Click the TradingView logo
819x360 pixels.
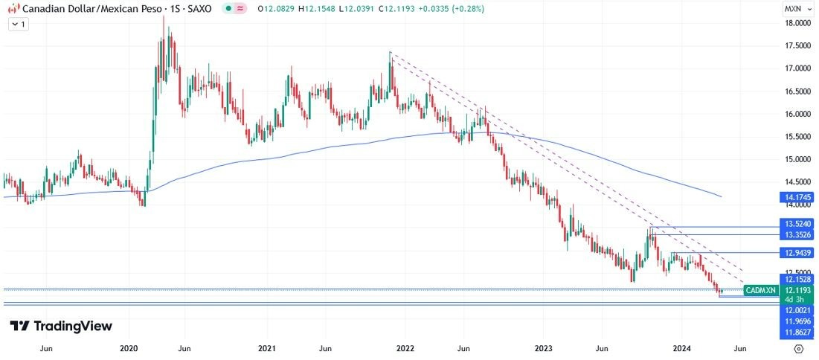pyautogui.click(x=61, y=326)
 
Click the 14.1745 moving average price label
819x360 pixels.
pyautogui.click(x=797, y=198)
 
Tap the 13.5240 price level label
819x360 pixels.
pyautogui.click(x=797, y=223)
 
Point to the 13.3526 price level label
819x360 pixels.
pyautogui.click(x=797, y=235)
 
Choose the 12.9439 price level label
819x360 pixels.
pyautogui.click(x=797, y=253)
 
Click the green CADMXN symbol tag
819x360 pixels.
pyautogui.click(x=761, y=290)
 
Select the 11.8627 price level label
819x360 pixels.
pyautogui.click(x=797, y=332)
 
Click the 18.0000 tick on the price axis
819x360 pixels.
pyautogui.click(x=797, y=23)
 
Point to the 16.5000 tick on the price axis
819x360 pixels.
pyautogui.click(x=797, y=91)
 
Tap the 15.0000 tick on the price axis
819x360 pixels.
pyautogui.click(x=797, y=159)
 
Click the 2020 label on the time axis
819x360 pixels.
pyautogui.click(x=129, y=347)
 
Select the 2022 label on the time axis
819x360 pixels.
pyautogui.click(x=405, y=347)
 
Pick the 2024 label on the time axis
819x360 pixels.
pyautogui.click(x=682, y=347)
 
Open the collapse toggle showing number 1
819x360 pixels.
pyautogui.click(x=19, y=24)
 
